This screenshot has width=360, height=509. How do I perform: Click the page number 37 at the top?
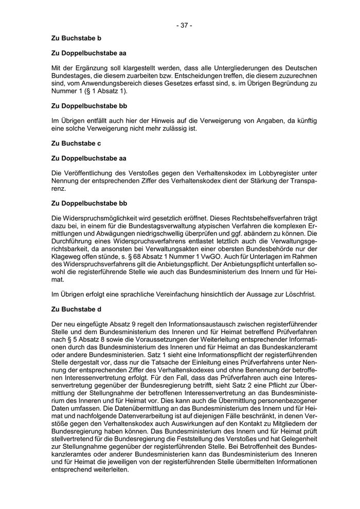tap(184, 25)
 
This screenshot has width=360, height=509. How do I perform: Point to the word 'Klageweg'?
tap(67, 257)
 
